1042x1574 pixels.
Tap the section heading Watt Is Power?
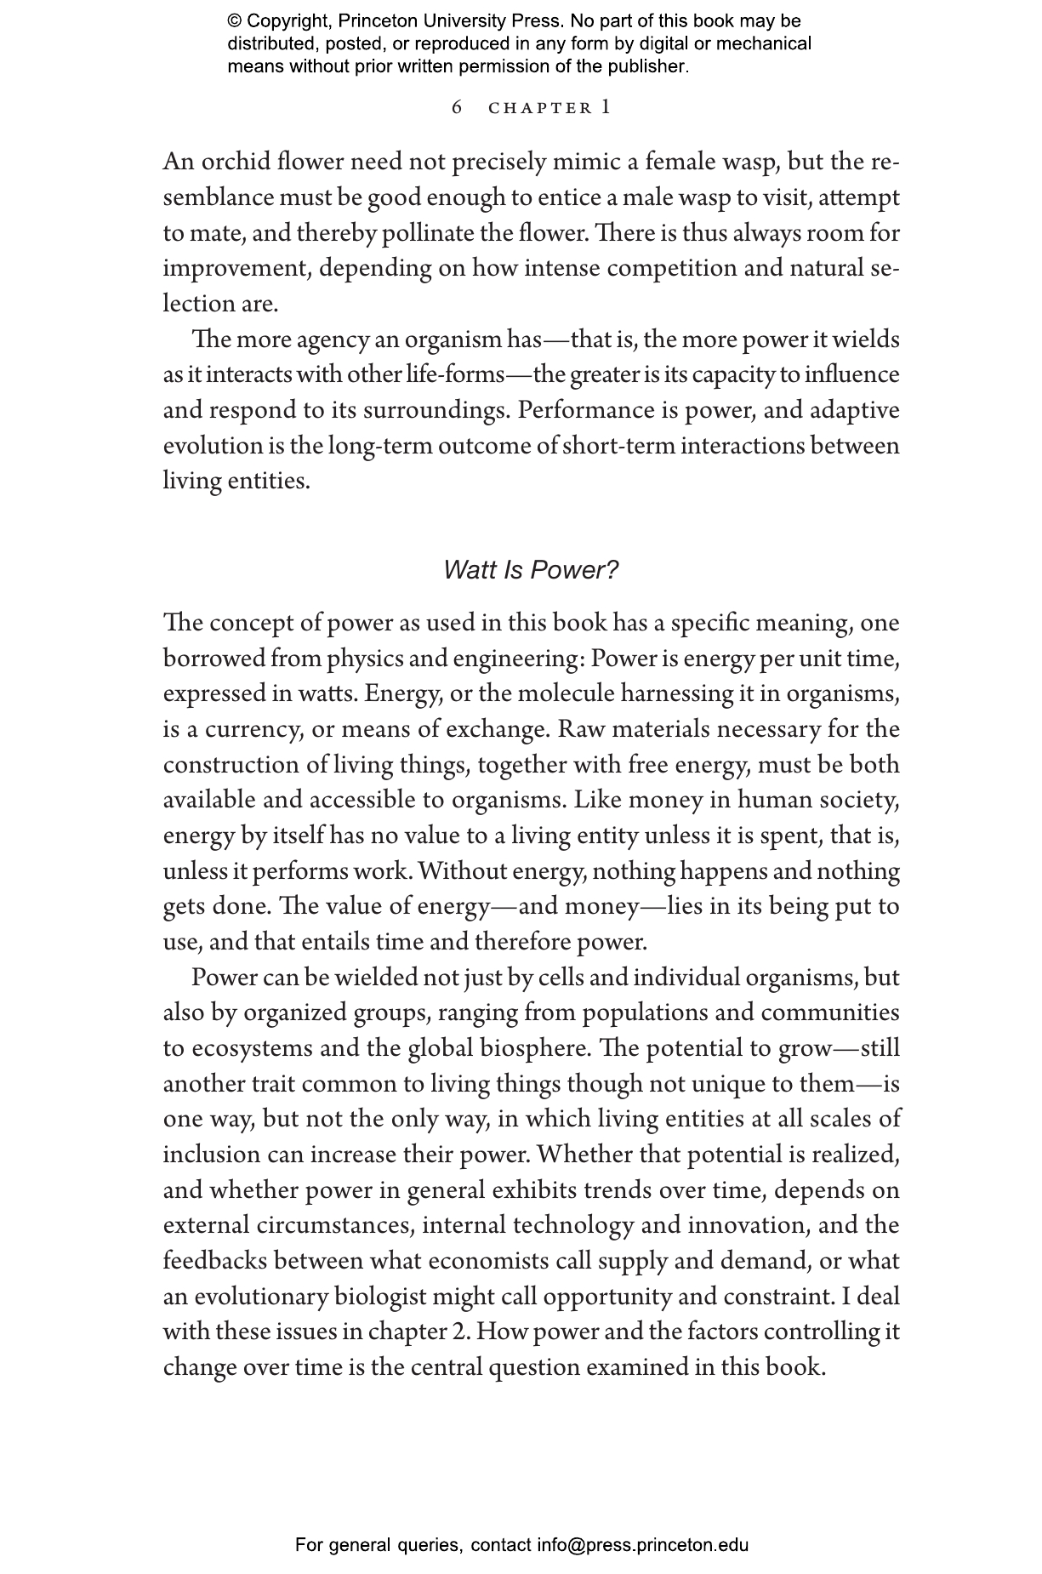click(x=531, y=570)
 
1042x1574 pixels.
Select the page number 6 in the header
click(x=457, y=107)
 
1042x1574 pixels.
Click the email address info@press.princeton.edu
click(x=642, y=1545)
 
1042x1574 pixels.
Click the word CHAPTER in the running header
click(x=540, y=108)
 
